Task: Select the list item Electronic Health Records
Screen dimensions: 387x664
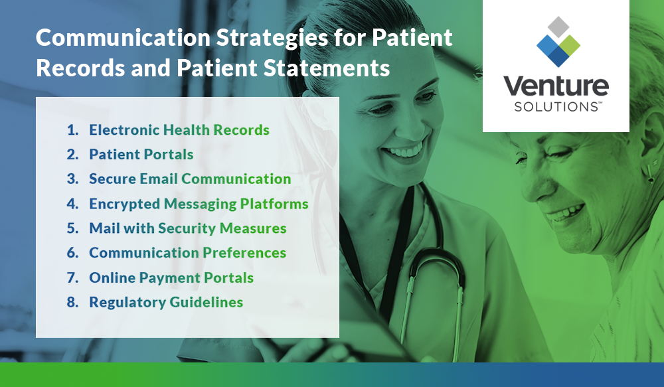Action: tap(179, 129)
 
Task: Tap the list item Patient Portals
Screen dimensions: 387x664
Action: tap(141, 154)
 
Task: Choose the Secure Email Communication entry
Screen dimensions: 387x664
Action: tap(190, 179)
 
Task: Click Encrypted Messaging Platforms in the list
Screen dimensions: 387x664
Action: tap(199, 204)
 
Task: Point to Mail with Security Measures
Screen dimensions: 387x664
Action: tap(188, 228)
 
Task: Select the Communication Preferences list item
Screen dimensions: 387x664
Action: tap(188, 253)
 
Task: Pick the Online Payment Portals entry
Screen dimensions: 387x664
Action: tap(171, 277)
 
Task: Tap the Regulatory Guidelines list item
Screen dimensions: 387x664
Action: tap(166, 302)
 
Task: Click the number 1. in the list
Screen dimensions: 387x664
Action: tap(72, 129)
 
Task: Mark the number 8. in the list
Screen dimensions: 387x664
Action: tap(72, 302)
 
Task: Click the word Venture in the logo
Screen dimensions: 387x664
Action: tap(556, 86)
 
